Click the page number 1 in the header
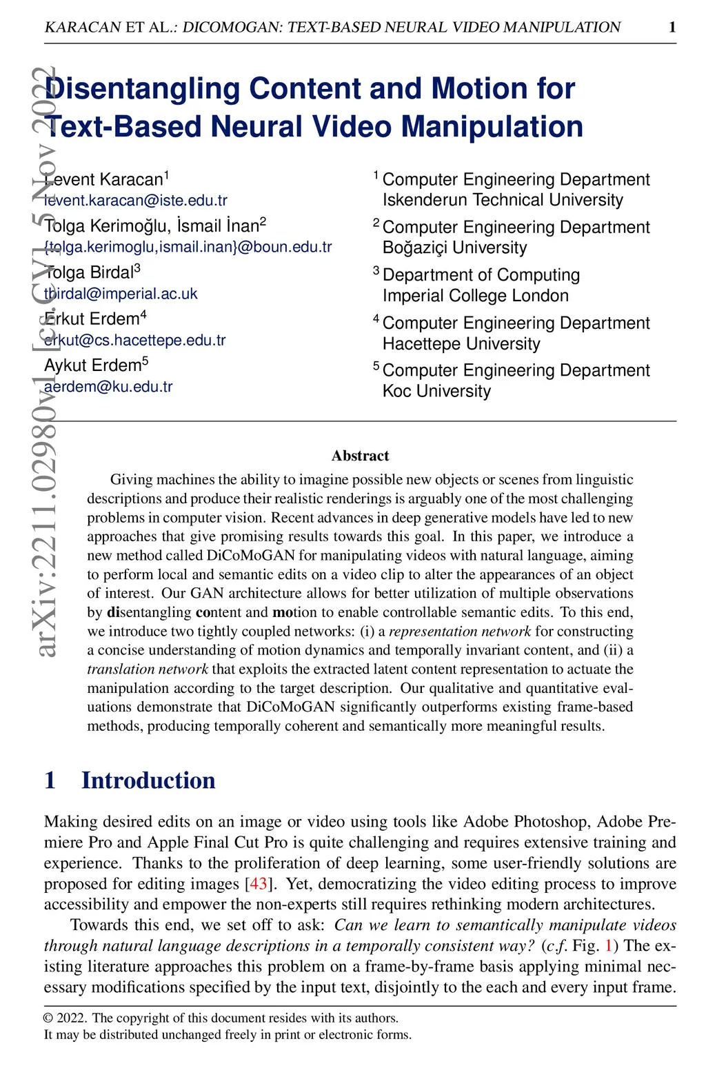[x=672, y=28]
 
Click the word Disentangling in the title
[x=141, y=89]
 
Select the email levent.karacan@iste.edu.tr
[x=136, y=201]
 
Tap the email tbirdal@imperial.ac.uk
[x=121, y=294]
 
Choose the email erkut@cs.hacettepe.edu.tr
[x=135, y=340]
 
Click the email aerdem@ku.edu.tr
[x=108, y=387]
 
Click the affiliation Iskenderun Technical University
[x=503, y=200]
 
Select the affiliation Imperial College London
[x=476, y=296]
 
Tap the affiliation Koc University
[x=436, y=391]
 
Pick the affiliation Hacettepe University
[x=461, y=343]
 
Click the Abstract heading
[x=360, y=456]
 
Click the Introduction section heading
[x=148, y=780]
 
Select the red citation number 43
[x=258, y=884]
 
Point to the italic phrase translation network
[x=148, y=669]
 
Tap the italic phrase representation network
[x=460, y=631]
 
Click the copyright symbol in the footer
[x=48, y=1018]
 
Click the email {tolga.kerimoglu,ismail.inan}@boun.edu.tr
[x=188, y=247]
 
